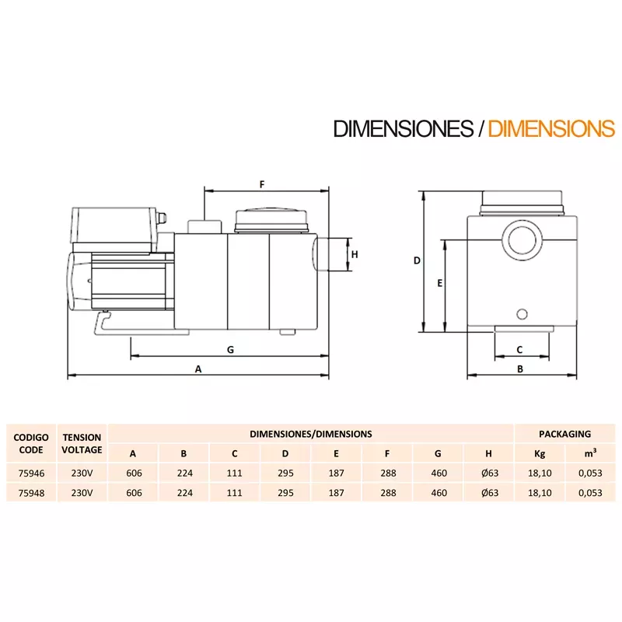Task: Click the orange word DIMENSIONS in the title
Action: (550, 128)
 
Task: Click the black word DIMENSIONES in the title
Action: (402, 128)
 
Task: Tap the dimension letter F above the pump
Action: (262, 184)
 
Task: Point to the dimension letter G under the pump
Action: (230, 350)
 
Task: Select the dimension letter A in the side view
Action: (198, 370)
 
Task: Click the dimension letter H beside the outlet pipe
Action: (354, 254)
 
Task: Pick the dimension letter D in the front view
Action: (417, 261)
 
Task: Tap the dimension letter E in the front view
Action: (439, 284)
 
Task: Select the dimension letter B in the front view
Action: (520, 370)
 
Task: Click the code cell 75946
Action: (32, 473)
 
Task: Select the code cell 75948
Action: (32, 492)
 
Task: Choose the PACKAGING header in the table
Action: (564, 434)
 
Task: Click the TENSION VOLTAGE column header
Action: (82, 443)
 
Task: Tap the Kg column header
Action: (540, 453)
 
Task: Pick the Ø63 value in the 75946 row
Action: (488, 473)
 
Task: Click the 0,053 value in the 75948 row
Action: (589, 492)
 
